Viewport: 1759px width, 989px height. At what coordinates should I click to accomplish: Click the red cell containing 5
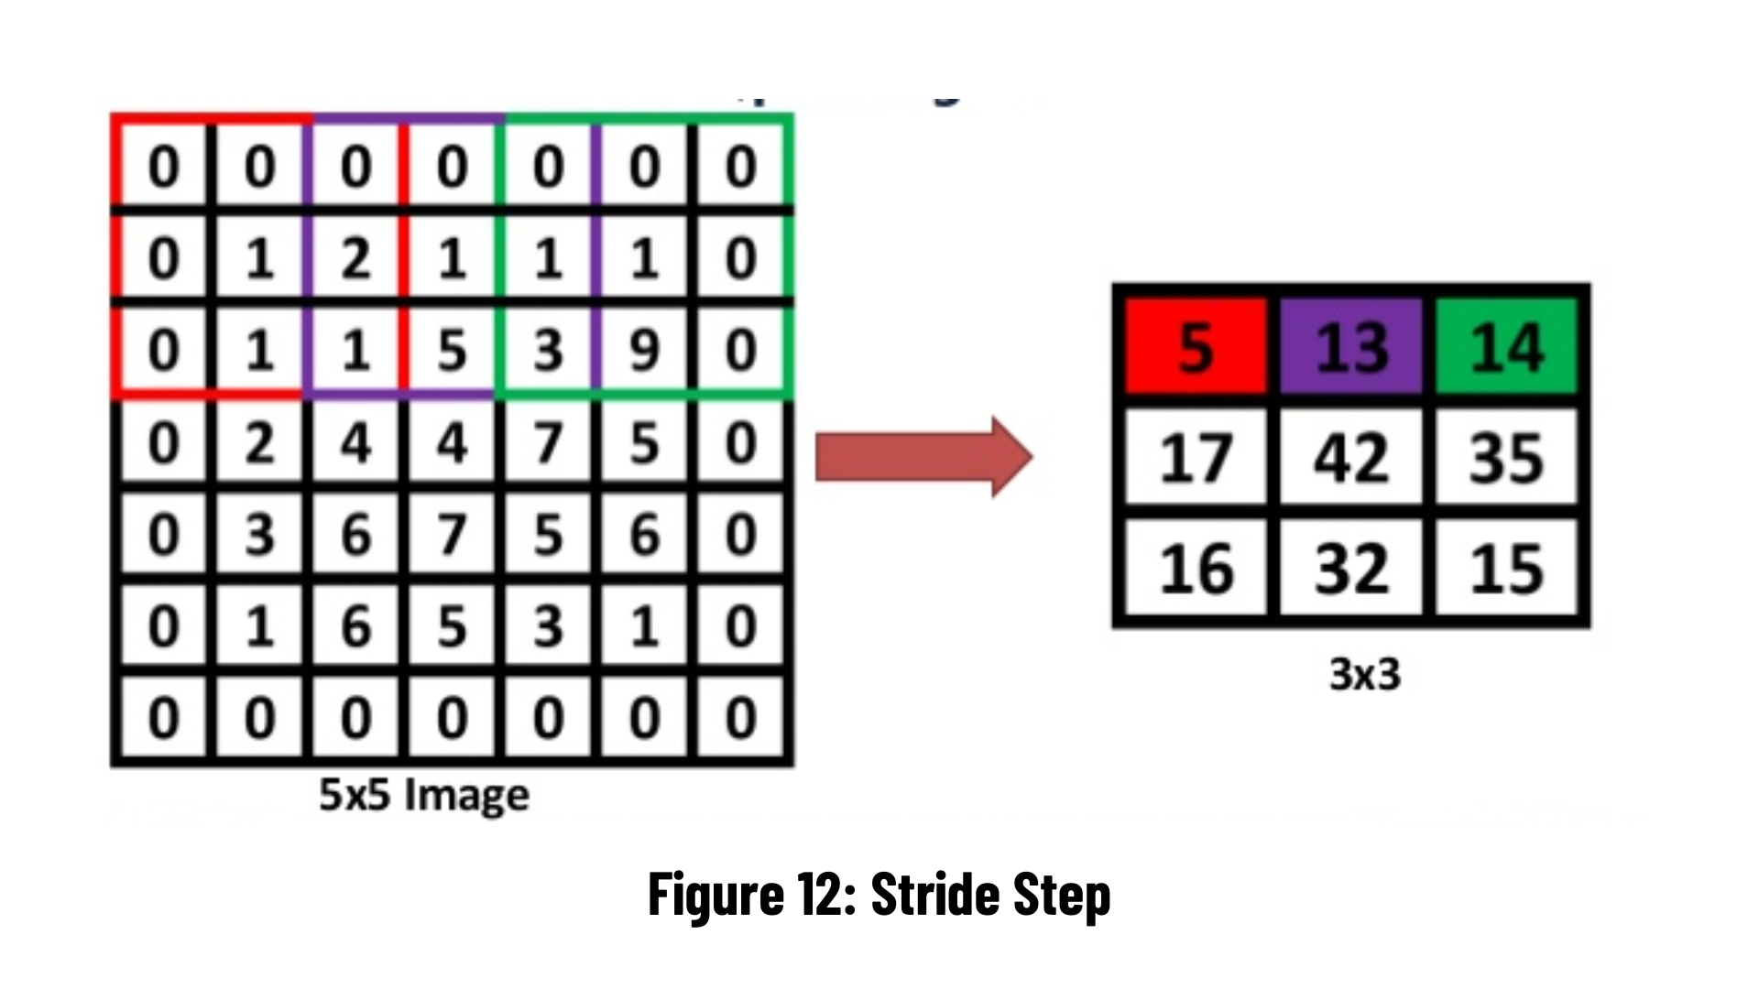coord(1196,346)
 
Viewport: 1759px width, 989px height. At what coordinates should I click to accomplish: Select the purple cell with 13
coord(1351,346)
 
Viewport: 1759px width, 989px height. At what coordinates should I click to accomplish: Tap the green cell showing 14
coord(1507,346)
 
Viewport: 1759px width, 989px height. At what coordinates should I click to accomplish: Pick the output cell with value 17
coord(1196,457)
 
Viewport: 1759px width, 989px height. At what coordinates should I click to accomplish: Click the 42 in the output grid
coord(1351,457)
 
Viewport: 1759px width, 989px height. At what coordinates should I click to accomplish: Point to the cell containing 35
coord(1507,457)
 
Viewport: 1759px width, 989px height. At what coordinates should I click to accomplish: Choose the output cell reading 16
coord(1196,568)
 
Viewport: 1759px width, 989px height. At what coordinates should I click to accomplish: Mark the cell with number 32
coord(1351,568)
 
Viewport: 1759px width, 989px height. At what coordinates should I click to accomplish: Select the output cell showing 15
coord(1507,568)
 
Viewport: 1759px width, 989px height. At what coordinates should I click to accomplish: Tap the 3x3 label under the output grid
coord(1364,675)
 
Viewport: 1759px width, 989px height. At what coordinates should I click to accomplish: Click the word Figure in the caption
coord(716,895)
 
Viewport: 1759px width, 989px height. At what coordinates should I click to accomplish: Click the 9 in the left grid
coord(644,350)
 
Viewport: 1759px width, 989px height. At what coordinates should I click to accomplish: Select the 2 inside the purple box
coord(355,258)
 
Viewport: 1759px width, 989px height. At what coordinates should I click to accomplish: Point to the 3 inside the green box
coord(548,350)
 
